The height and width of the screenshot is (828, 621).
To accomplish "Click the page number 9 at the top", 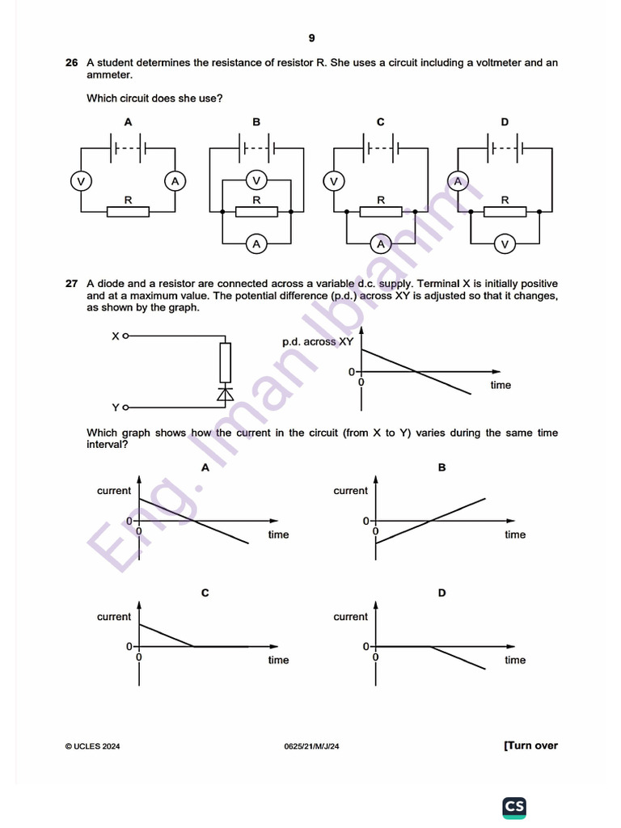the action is click(311, 38).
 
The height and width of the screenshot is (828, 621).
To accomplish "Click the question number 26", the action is click(71, 62).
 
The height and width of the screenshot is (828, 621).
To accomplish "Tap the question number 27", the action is click(71, 284).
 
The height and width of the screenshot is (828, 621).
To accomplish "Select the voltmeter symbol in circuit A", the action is click(80, 180).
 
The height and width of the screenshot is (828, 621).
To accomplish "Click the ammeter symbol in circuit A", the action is click(175, 180).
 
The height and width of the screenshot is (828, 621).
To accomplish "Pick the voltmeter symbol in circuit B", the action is click(256, 180).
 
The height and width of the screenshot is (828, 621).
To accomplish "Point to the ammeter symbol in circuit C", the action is click(381, 243).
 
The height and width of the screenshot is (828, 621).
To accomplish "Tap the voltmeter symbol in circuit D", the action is click(505, 243).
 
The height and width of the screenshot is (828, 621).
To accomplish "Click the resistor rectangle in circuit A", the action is click(128, 212).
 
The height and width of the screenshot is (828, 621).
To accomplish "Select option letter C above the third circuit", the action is click(381, 122).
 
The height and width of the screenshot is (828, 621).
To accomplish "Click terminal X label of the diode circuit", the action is click(116, 335).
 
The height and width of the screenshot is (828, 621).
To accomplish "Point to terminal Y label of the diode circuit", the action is click(116, 408).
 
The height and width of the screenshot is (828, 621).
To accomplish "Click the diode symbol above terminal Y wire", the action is click(225, 393).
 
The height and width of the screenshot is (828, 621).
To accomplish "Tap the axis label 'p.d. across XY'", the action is click(318, 342).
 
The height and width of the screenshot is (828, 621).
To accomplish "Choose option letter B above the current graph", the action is click(441, 467).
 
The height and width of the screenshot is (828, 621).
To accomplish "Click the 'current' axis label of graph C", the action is click(114, 617).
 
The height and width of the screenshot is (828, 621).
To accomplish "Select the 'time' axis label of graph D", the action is click(515, 661).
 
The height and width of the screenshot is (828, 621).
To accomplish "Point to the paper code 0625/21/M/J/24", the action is click(311, 746).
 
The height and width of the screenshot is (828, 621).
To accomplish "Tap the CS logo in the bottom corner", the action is click(514, 806).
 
